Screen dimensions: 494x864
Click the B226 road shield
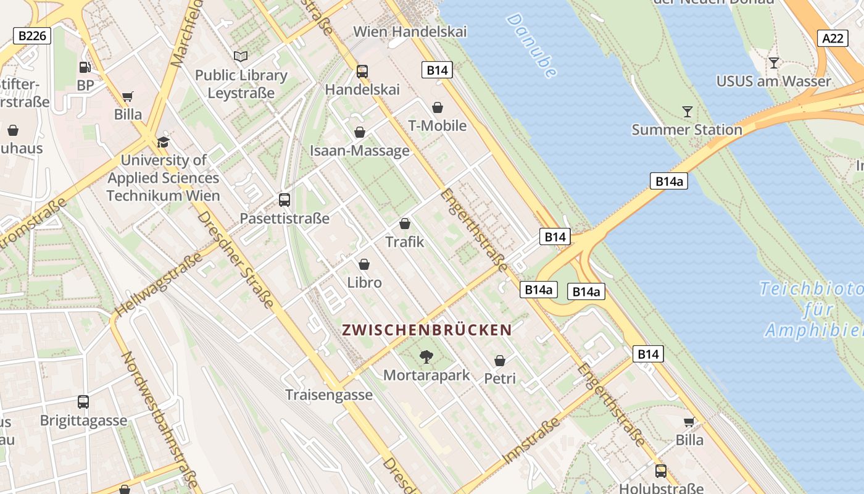32,36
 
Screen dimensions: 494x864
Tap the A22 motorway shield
833,38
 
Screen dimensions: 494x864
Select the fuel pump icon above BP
85,67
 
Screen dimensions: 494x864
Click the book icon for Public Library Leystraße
241,57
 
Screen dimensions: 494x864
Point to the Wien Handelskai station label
410,31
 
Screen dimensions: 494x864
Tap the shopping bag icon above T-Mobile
438,108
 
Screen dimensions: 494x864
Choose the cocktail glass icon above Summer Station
687,112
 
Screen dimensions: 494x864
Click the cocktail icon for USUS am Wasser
773,63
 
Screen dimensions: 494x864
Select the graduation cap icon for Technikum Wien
163,143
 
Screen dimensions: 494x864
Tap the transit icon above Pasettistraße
285,200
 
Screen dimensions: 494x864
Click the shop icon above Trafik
405,224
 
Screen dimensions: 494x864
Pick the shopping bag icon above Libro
364,264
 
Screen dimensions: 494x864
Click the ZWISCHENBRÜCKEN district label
427,330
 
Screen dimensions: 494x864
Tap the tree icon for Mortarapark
426,356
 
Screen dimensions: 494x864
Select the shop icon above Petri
500,361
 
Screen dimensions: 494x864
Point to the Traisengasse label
329,395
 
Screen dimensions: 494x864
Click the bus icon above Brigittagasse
83,402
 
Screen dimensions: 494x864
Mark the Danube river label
531,45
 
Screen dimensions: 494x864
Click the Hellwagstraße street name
159,285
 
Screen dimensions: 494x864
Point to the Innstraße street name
531,440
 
